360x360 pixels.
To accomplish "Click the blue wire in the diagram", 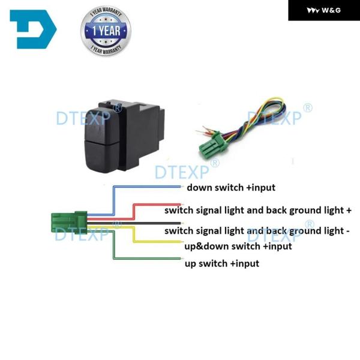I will click(144, 188).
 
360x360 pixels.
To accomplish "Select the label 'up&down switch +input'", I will click(238, 246).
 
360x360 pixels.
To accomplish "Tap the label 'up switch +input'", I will click(222, 263).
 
